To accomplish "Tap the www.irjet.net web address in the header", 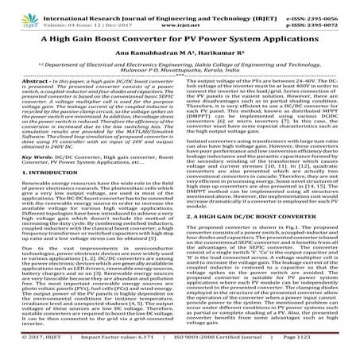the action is (x=180, y=15).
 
